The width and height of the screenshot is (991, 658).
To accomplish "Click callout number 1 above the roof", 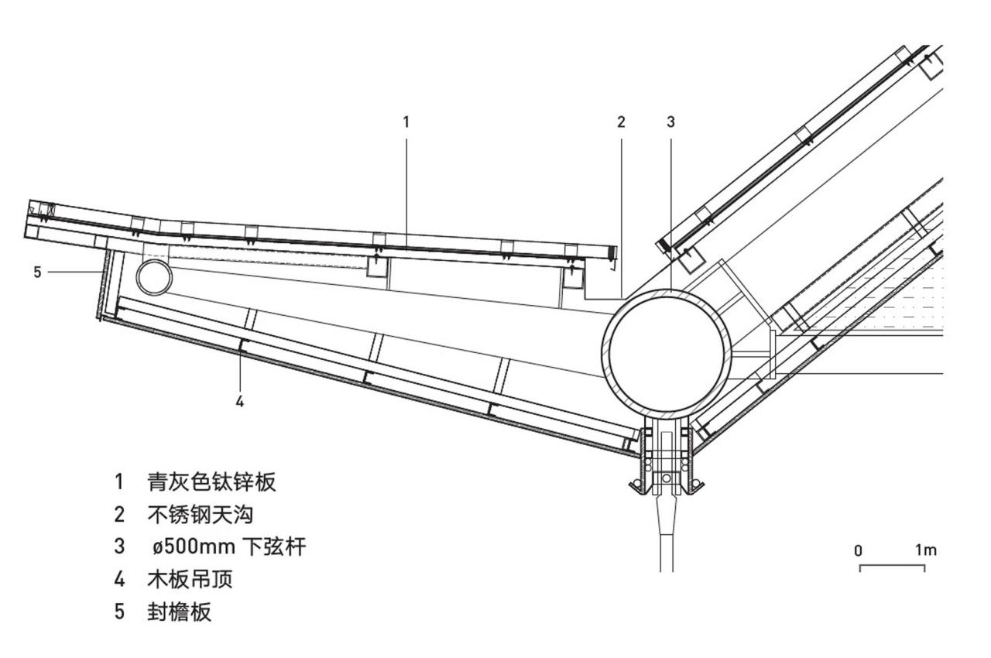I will [x=406, y=122].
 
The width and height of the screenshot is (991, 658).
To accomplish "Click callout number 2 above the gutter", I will [x=620, y=122].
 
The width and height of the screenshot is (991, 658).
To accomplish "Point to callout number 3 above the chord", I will [x=670, y=122].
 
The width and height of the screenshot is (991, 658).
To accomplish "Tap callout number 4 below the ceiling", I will [x=240, y=401].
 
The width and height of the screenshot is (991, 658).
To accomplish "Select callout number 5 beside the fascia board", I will [x=37, y=272].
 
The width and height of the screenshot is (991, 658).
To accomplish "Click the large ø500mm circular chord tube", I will [x=667, y=351].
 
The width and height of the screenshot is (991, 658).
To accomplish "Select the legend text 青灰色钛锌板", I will [x=211, y=482].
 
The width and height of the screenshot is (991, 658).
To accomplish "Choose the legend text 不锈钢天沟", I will [x=200, y=515].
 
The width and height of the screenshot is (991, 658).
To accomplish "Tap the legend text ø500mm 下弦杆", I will [x=228, y=547].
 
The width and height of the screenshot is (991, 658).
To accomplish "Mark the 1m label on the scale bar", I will [x=925, y=550].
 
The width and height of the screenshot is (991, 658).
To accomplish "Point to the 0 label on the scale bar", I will [x=859, y=551].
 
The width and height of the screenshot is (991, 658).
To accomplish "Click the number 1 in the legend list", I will [x=119, y=482].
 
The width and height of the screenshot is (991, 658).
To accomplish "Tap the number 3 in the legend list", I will [x=119, y=547].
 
